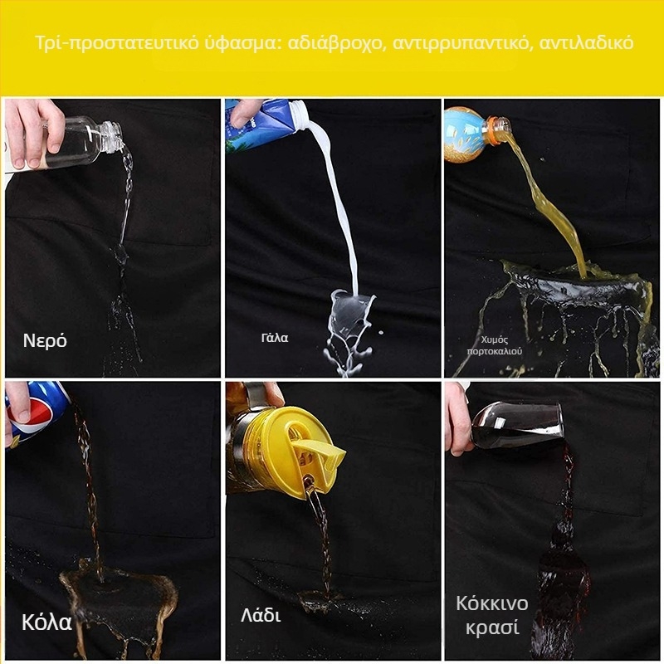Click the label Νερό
(45, 340)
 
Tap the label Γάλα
(275, 338)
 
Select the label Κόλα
(46, 622)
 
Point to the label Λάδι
(261, 615)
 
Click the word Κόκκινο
(492, 603)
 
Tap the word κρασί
(492, 627)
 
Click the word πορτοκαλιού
(494, 351)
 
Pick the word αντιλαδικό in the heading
(587, 42)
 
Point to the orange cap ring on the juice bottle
(494, 126)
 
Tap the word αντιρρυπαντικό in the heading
(461, 43)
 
